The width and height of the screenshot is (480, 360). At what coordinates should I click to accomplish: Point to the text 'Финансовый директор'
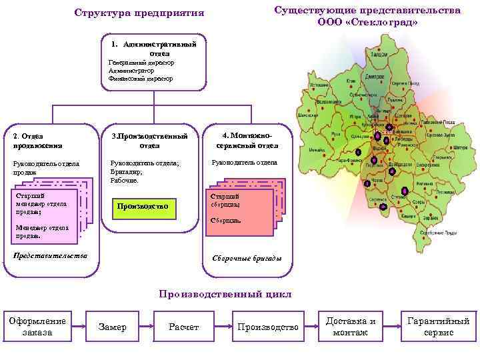141,78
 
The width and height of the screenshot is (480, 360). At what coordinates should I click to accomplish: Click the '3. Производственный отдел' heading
149,140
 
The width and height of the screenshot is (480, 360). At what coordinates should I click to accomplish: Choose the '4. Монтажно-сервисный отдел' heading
247,140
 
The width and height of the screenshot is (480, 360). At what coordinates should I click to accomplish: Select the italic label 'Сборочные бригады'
247,258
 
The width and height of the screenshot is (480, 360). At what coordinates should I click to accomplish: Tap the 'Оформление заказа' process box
37,327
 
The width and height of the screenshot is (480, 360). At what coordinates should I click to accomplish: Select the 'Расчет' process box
184,327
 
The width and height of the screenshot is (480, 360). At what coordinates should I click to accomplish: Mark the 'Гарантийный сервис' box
438,327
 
